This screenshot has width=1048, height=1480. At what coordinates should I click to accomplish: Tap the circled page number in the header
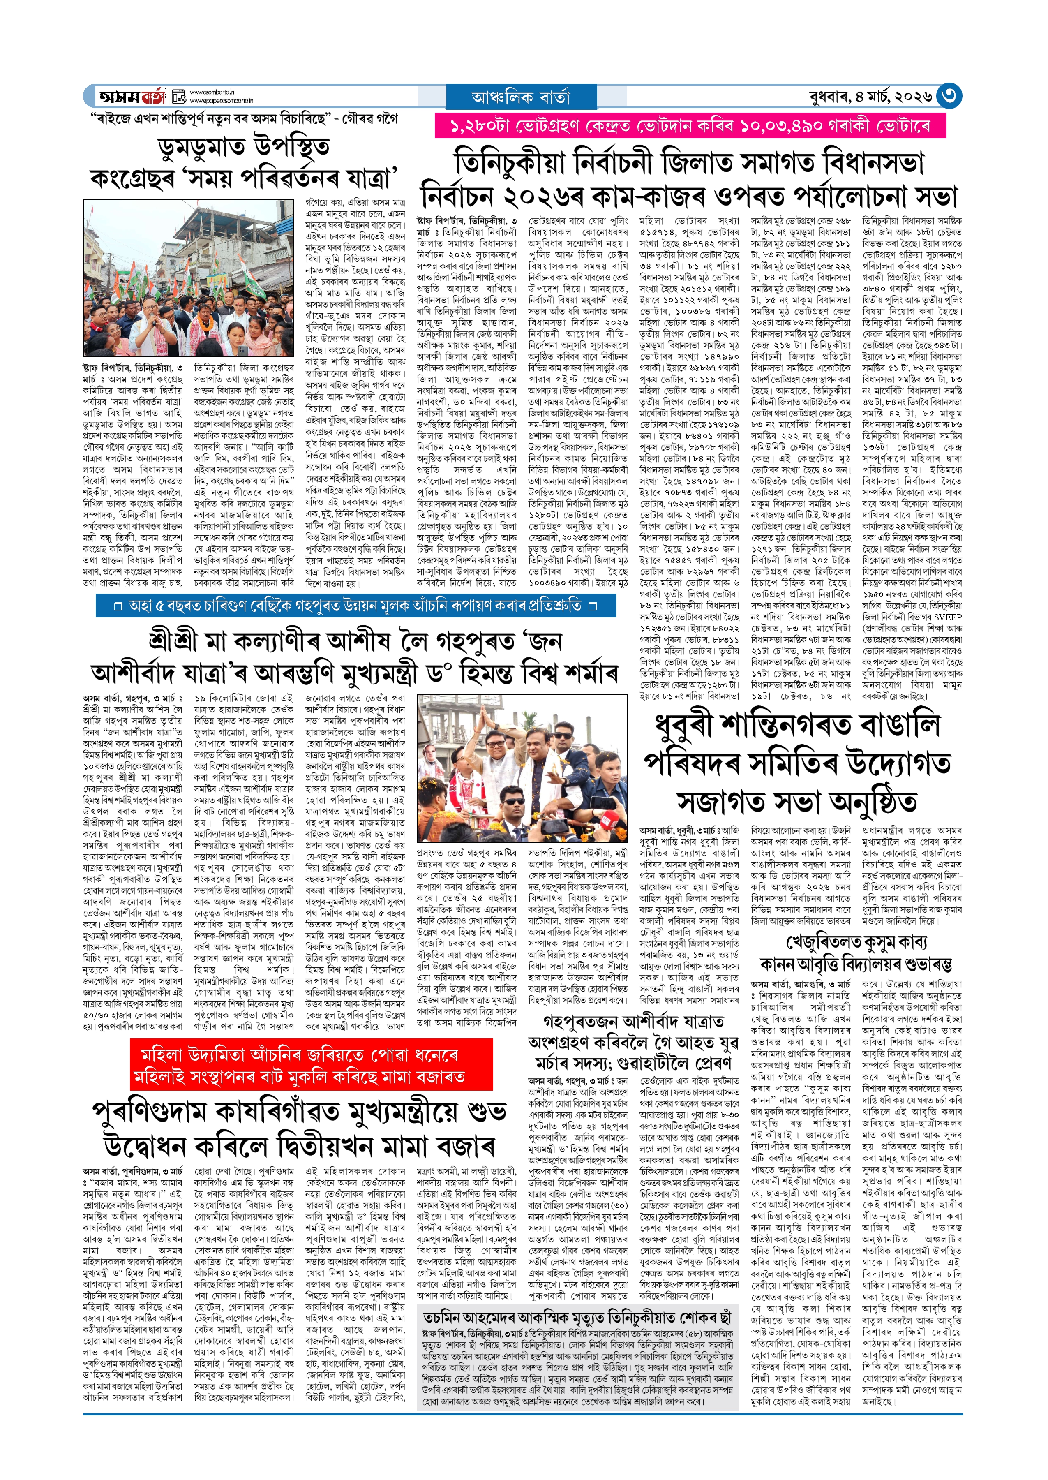[948, 96]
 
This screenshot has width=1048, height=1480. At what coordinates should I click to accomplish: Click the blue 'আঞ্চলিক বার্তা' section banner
[521, 97]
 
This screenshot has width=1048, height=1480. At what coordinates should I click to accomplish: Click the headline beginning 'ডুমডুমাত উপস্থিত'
[243, 148]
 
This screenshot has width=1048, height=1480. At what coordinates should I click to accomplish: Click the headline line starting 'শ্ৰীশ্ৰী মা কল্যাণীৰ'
[355, 641]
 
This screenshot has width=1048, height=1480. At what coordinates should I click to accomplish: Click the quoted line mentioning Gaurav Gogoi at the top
[243, 119]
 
